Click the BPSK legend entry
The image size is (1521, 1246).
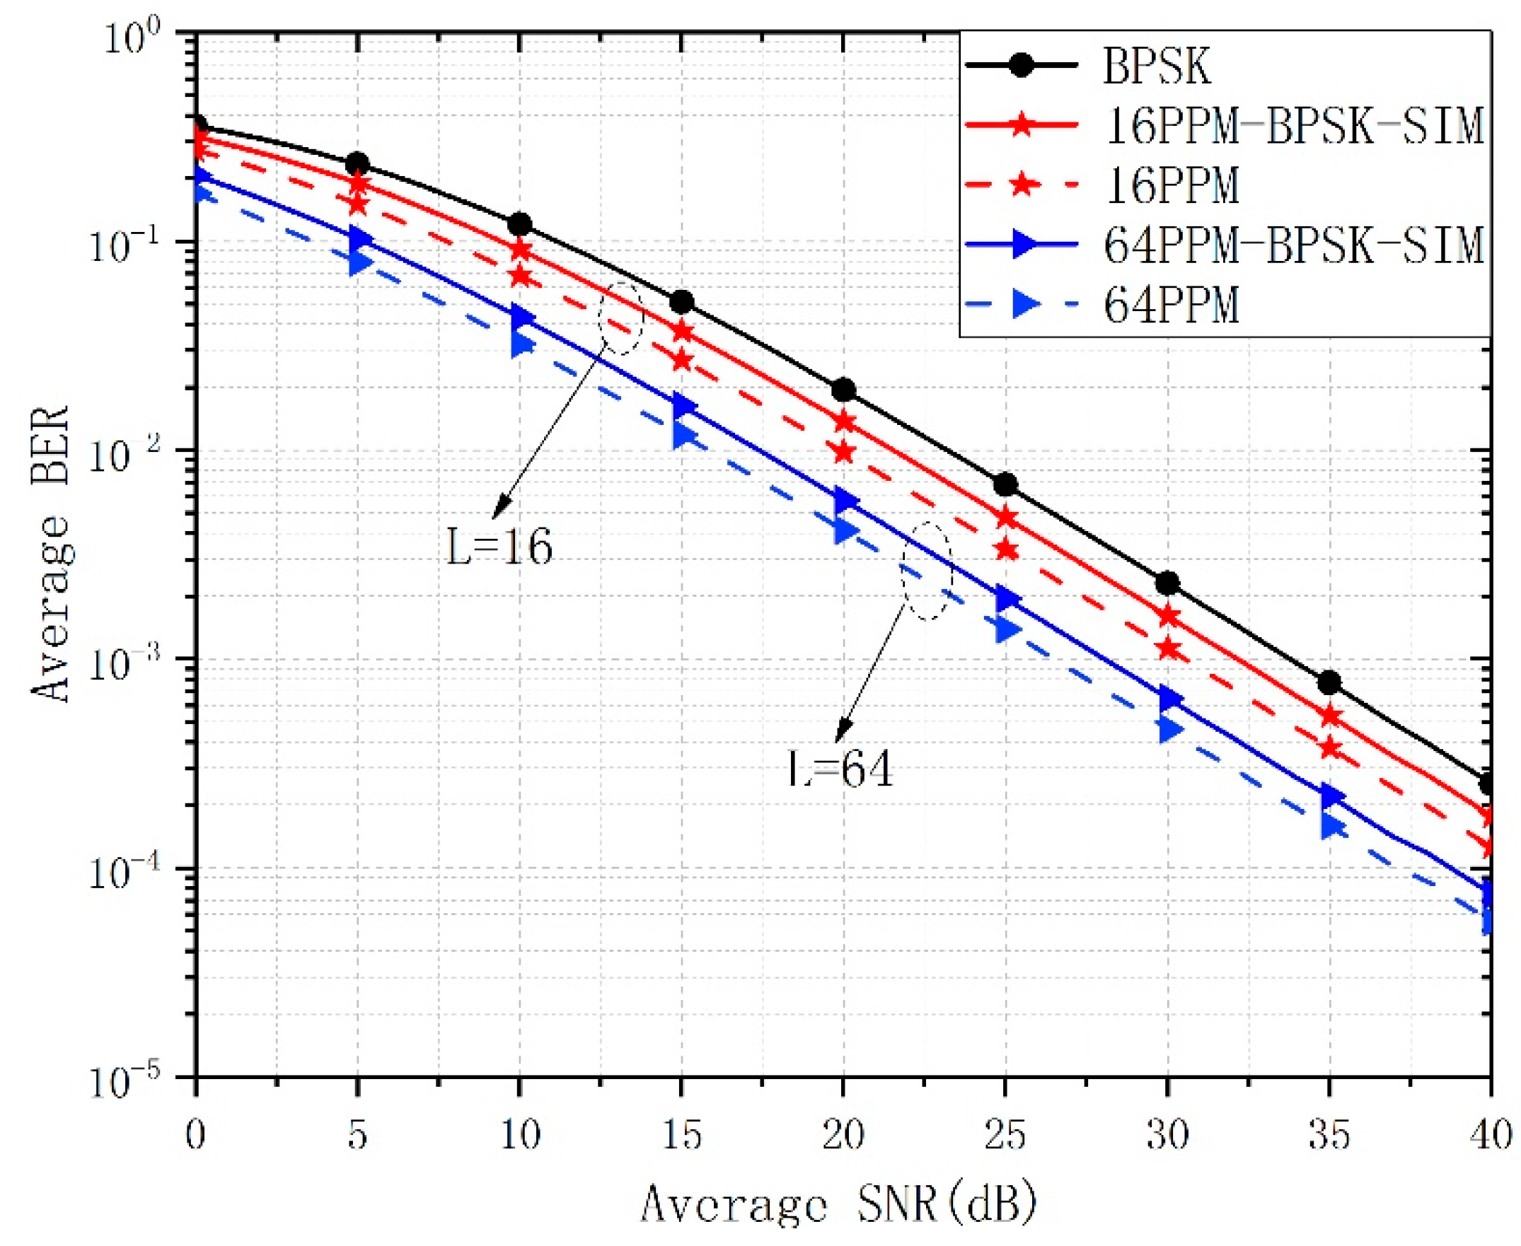pyautogui.click(x=1155, y=66)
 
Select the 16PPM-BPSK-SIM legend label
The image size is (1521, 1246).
pyautogui.click(x=1292, y=127)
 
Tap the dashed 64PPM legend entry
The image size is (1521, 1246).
pyautogui.click(x=1171, y=305)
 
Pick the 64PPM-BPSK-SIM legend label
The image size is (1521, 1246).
pyautogui.click(x=1292, y=245)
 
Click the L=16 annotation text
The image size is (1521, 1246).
pyautogui.click(x=499, y=547)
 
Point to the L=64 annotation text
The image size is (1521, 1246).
pyautogui.click(x=840, y=770)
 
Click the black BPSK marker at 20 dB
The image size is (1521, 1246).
pyautogui.click(x=844, y=390)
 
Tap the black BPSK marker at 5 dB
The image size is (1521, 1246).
pyautogui.click(x=357, y=164)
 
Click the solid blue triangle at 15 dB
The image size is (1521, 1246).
pyautogui.click(x=683, y=407)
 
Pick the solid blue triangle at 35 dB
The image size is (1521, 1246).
pyautogui.click(x=1331, y=796)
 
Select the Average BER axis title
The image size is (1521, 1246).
pyautogui.click(x=50, y=553)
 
